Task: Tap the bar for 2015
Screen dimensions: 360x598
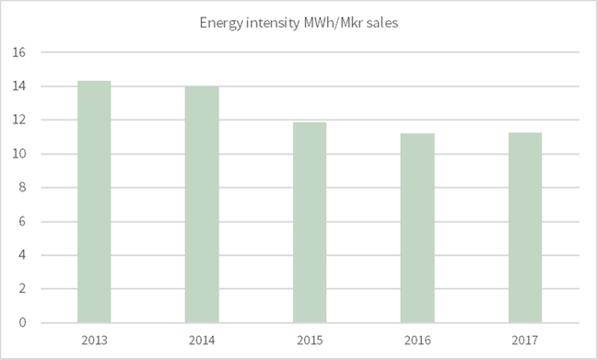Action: pos(310,222)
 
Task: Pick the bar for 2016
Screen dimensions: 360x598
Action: pos(417,227)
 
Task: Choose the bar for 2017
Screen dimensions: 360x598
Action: pos(525,227)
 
